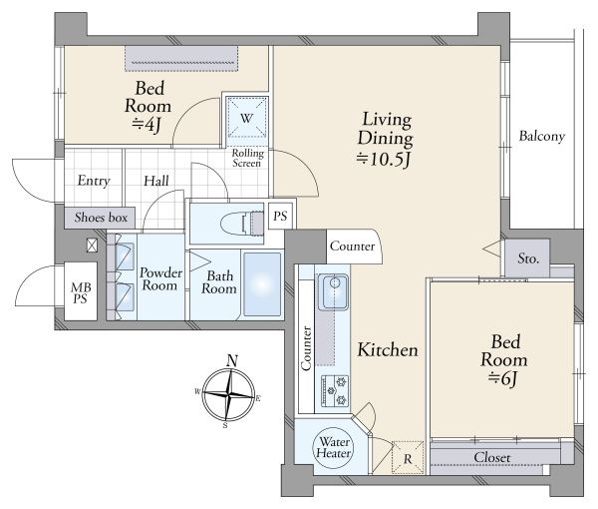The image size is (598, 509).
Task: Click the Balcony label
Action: [541, 137]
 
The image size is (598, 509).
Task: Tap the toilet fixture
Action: [242, 224]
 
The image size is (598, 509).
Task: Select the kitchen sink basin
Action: [334, 291]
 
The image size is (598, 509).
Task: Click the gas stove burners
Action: [335, 390]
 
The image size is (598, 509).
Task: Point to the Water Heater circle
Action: [333, 447]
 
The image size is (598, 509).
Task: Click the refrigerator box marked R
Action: [408, 457]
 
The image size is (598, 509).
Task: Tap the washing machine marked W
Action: [247, 118]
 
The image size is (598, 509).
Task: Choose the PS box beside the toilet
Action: [280, 216]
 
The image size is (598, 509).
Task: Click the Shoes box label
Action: [101, 218]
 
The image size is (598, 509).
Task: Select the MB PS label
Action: [81, 292]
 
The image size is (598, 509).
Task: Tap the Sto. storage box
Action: [527, 258]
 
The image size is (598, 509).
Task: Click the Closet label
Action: [492, 457]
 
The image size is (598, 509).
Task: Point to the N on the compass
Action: [232, 360]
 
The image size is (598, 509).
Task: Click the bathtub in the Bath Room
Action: [262, 283]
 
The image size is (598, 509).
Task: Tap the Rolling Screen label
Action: [247, 158]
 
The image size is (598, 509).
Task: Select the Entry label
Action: [94, 181]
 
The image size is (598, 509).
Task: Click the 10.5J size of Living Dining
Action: [384, 160]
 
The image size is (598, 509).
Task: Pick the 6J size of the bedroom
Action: [503, 378]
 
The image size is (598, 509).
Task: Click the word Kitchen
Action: [388, 349]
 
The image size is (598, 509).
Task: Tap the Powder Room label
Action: [160, 279]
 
